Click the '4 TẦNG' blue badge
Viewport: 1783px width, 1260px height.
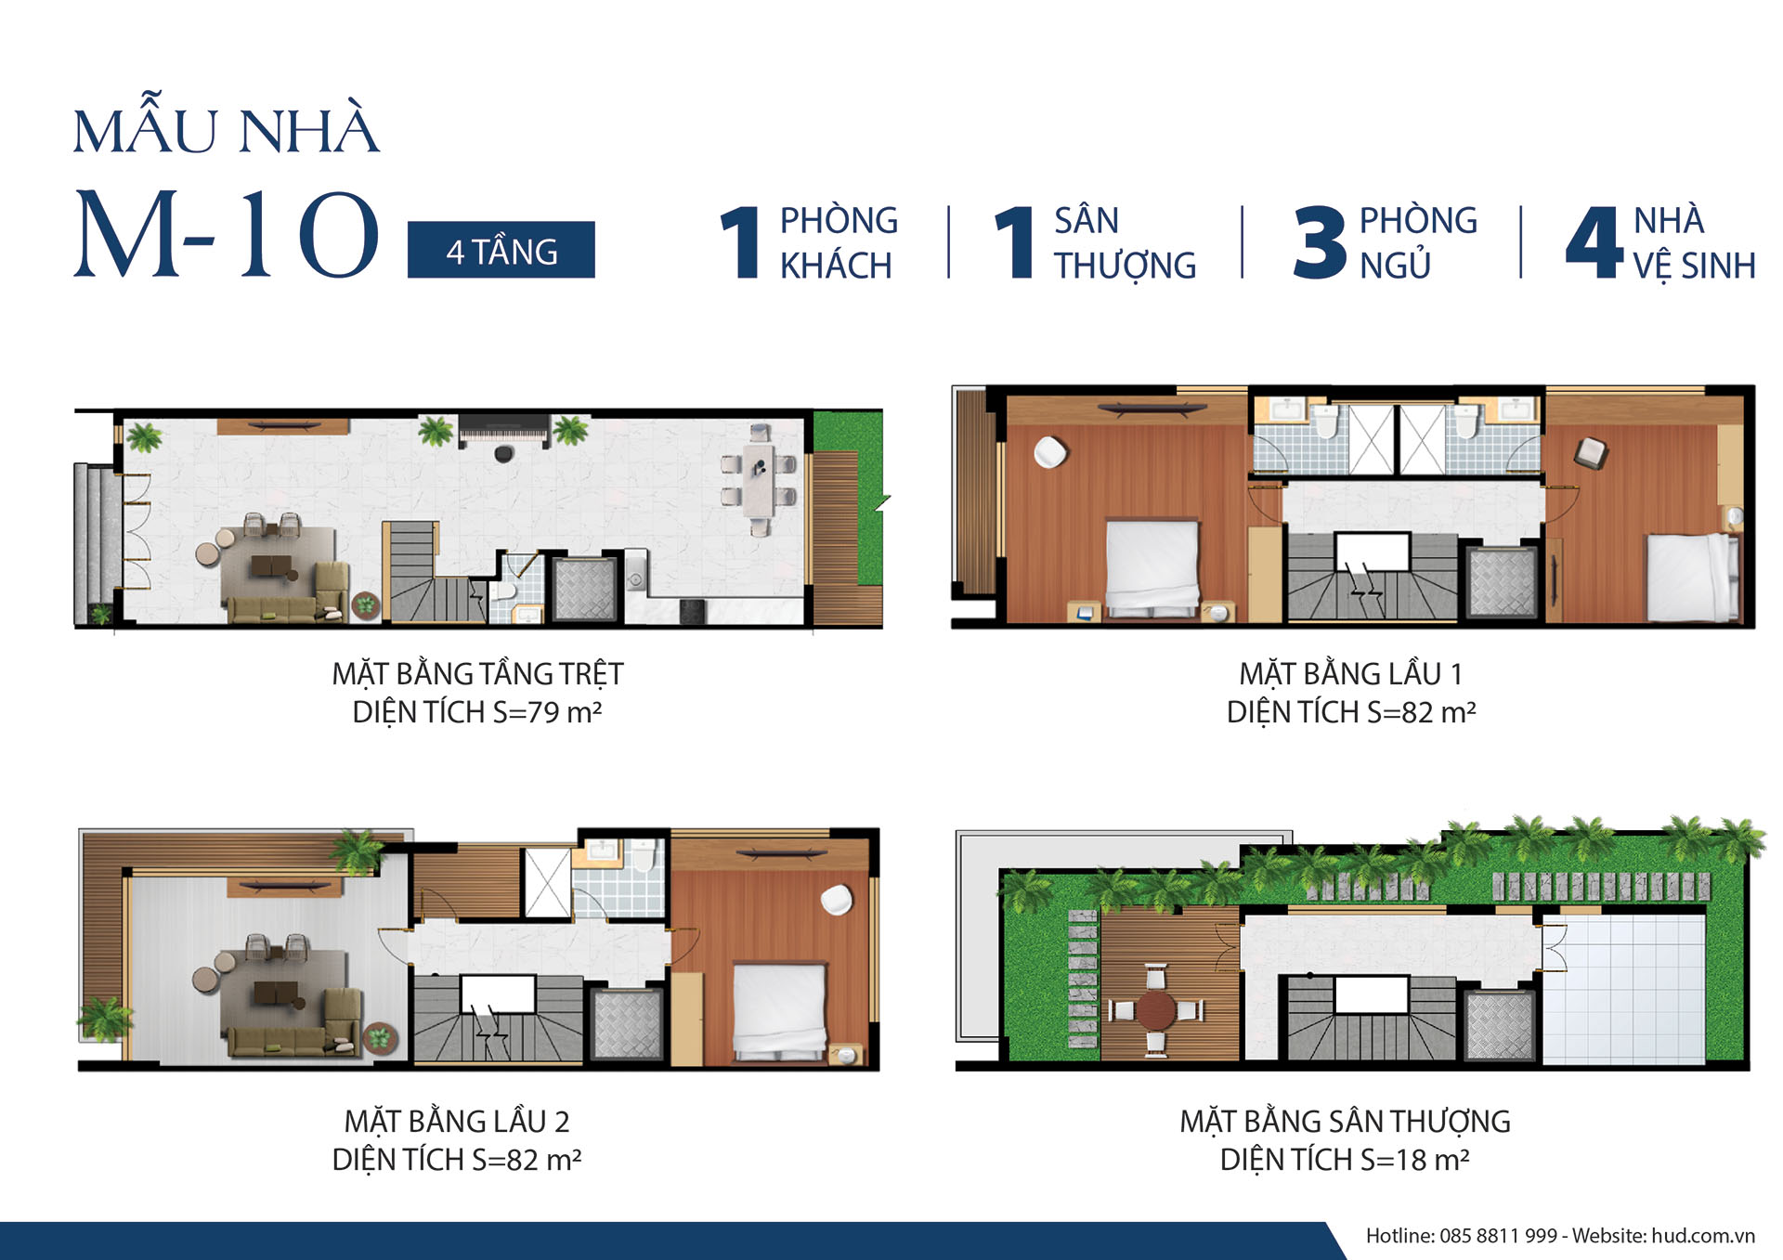pos(501,250)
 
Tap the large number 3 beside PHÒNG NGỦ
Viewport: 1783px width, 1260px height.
pos(1320,242)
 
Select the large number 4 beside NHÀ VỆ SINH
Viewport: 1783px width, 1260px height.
pos(1594,242)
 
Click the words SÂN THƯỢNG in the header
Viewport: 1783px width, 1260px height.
pos(1125,243)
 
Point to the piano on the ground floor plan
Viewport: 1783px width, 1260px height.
pos(504,432)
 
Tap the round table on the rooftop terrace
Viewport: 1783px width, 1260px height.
pos(1156,1009)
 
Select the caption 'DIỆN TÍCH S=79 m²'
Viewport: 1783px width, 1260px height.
pos(477,712)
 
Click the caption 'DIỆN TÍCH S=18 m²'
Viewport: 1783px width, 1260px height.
pos(1345,1160)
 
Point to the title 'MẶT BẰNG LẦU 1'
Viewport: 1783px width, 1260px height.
pos(1351,673)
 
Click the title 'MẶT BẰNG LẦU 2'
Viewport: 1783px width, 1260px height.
pos(457,1121)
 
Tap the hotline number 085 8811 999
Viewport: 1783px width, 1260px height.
pos(1498,1236)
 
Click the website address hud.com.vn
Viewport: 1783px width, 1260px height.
pos(1703,1236)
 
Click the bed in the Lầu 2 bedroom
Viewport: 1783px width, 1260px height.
pos(780,1011)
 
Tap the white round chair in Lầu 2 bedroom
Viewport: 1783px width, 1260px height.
pos(837,900)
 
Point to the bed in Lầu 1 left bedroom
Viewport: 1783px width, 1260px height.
pos(1152,567)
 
